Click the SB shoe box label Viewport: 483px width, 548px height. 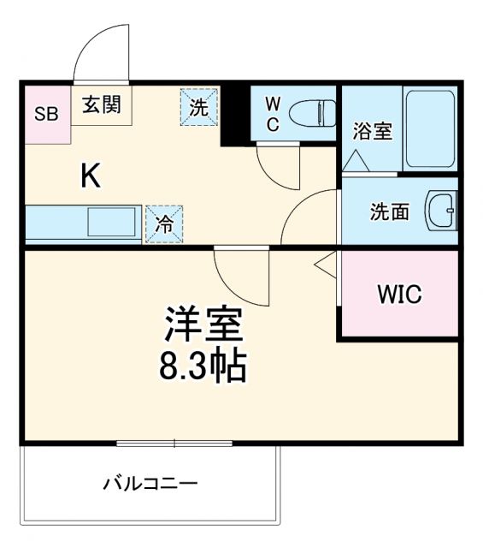pos(46,113)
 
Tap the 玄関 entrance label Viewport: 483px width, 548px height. pos(101,104)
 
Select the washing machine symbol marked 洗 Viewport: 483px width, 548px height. pos(197,108)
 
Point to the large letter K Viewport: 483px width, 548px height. pos(91,176)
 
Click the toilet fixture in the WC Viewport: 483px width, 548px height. pos(312,112)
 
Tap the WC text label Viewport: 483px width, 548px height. pos(272,113)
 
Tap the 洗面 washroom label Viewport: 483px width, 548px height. pos(389,211)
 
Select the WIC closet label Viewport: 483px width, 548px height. pos(399,295)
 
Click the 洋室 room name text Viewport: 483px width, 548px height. pos(205,325)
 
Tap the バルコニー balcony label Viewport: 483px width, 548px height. pos(150,484)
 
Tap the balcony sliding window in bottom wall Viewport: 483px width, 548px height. pos(174,444)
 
